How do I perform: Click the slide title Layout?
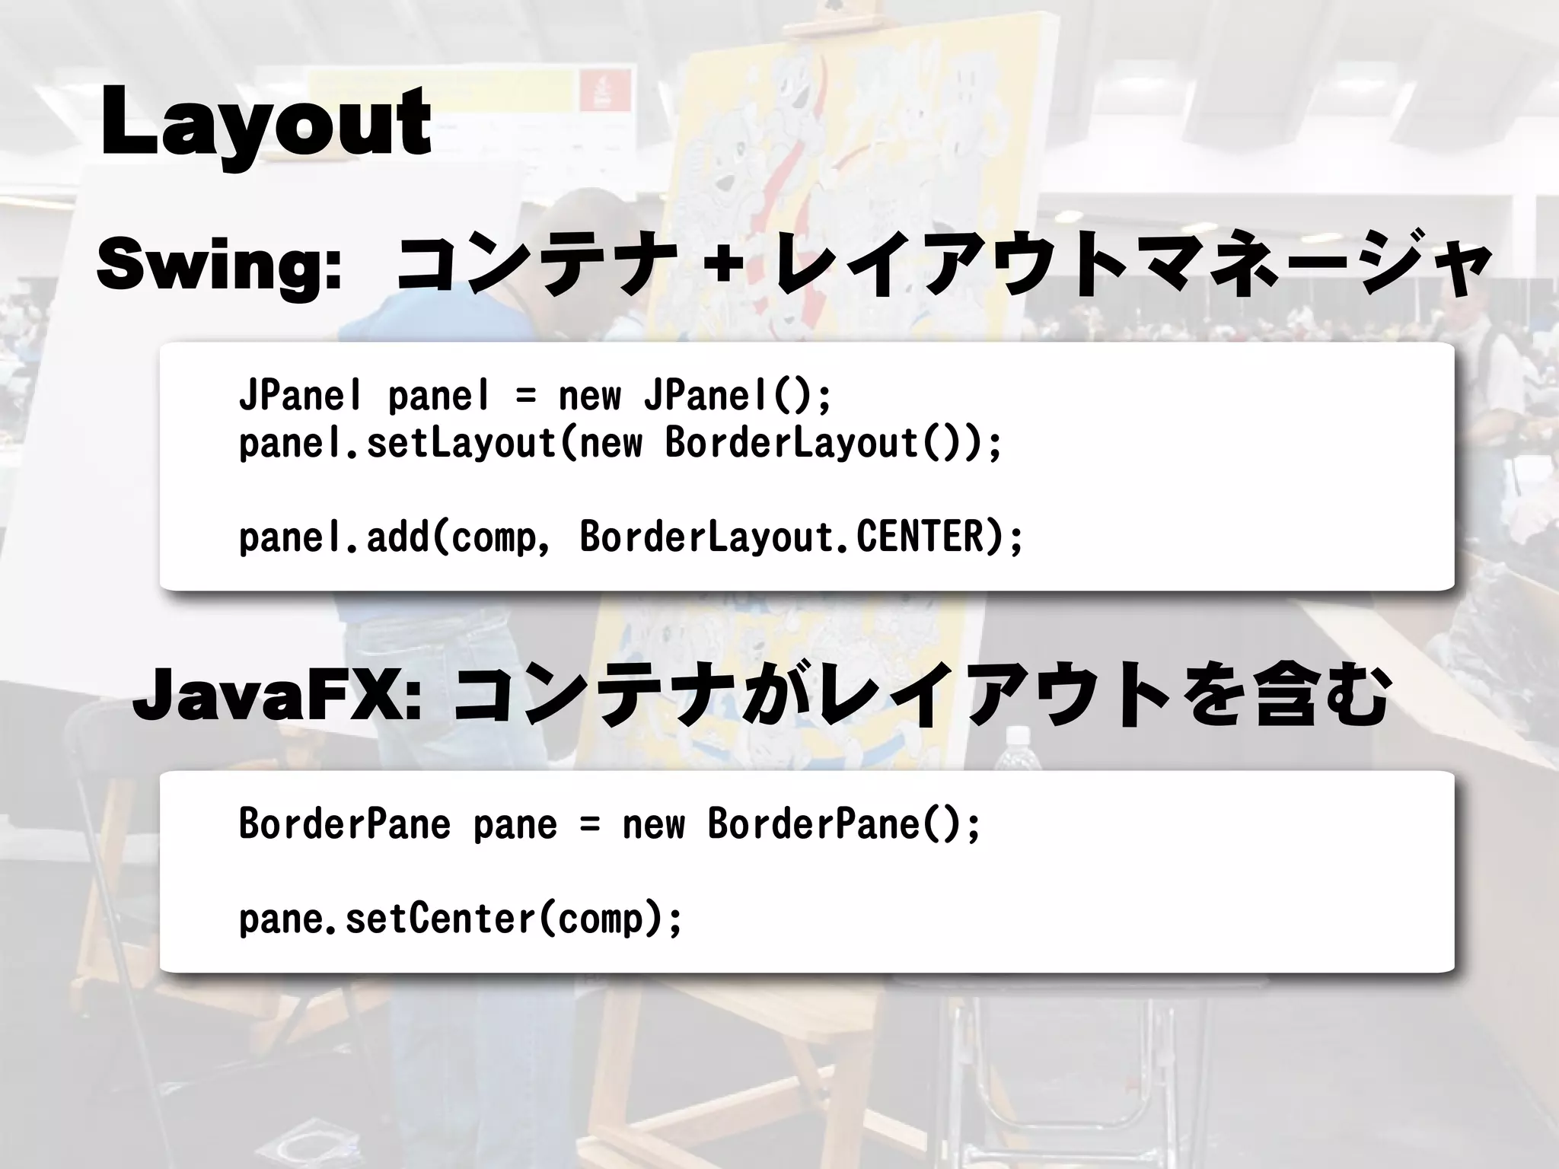(265, 122)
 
